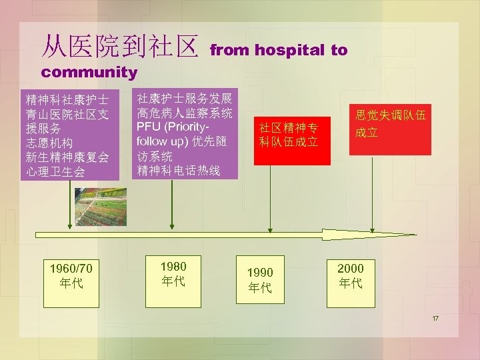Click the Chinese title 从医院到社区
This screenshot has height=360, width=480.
coord(120,46)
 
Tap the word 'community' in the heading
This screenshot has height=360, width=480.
coord(89,71)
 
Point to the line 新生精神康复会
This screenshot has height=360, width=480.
coord(67,157)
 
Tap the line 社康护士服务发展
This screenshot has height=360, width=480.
coord(184,98)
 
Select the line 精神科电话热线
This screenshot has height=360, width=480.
coord(178,171)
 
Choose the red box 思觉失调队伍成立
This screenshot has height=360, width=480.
coord(390,124)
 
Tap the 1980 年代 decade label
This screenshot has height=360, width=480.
coord(173,273)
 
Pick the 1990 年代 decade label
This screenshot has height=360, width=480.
coord(260,280)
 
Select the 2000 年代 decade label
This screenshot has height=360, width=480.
coord(351,275)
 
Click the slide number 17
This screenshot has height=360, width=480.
coord(435,319)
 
